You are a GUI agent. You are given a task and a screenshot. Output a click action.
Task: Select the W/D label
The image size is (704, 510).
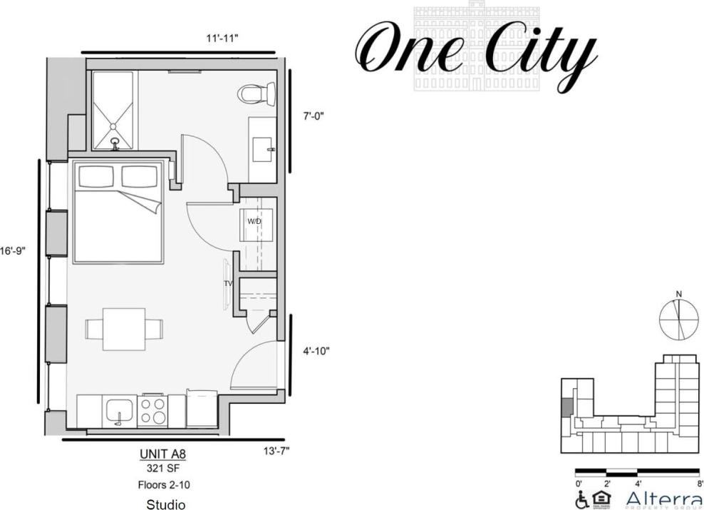[254, 221]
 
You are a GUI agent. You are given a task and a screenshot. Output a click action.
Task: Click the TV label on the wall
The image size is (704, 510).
[229, 283]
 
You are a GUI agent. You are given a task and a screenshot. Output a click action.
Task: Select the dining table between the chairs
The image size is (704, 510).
[124, 329]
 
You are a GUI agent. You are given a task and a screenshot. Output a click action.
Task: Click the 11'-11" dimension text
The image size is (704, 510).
[222, 38]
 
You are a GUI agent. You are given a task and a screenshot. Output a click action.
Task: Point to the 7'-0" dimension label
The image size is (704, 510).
[314, 116]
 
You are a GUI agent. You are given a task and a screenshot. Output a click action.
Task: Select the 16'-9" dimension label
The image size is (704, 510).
[13, 251]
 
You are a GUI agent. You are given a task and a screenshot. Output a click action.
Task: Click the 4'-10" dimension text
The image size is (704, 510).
[316, 351]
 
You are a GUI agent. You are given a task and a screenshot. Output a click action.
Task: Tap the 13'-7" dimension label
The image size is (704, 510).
[276, 450]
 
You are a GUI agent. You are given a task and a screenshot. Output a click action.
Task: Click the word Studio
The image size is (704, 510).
[165, 505]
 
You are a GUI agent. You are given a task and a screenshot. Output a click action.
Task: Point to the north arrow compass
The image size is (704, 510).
[678, 319]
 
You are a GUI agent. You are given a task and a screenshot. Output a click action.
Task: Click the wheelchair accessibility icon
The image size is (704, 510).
[581, 500]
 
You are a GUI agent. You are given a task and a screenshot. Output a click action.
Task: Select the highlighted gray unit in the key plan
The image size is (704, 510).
[566, 408]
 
